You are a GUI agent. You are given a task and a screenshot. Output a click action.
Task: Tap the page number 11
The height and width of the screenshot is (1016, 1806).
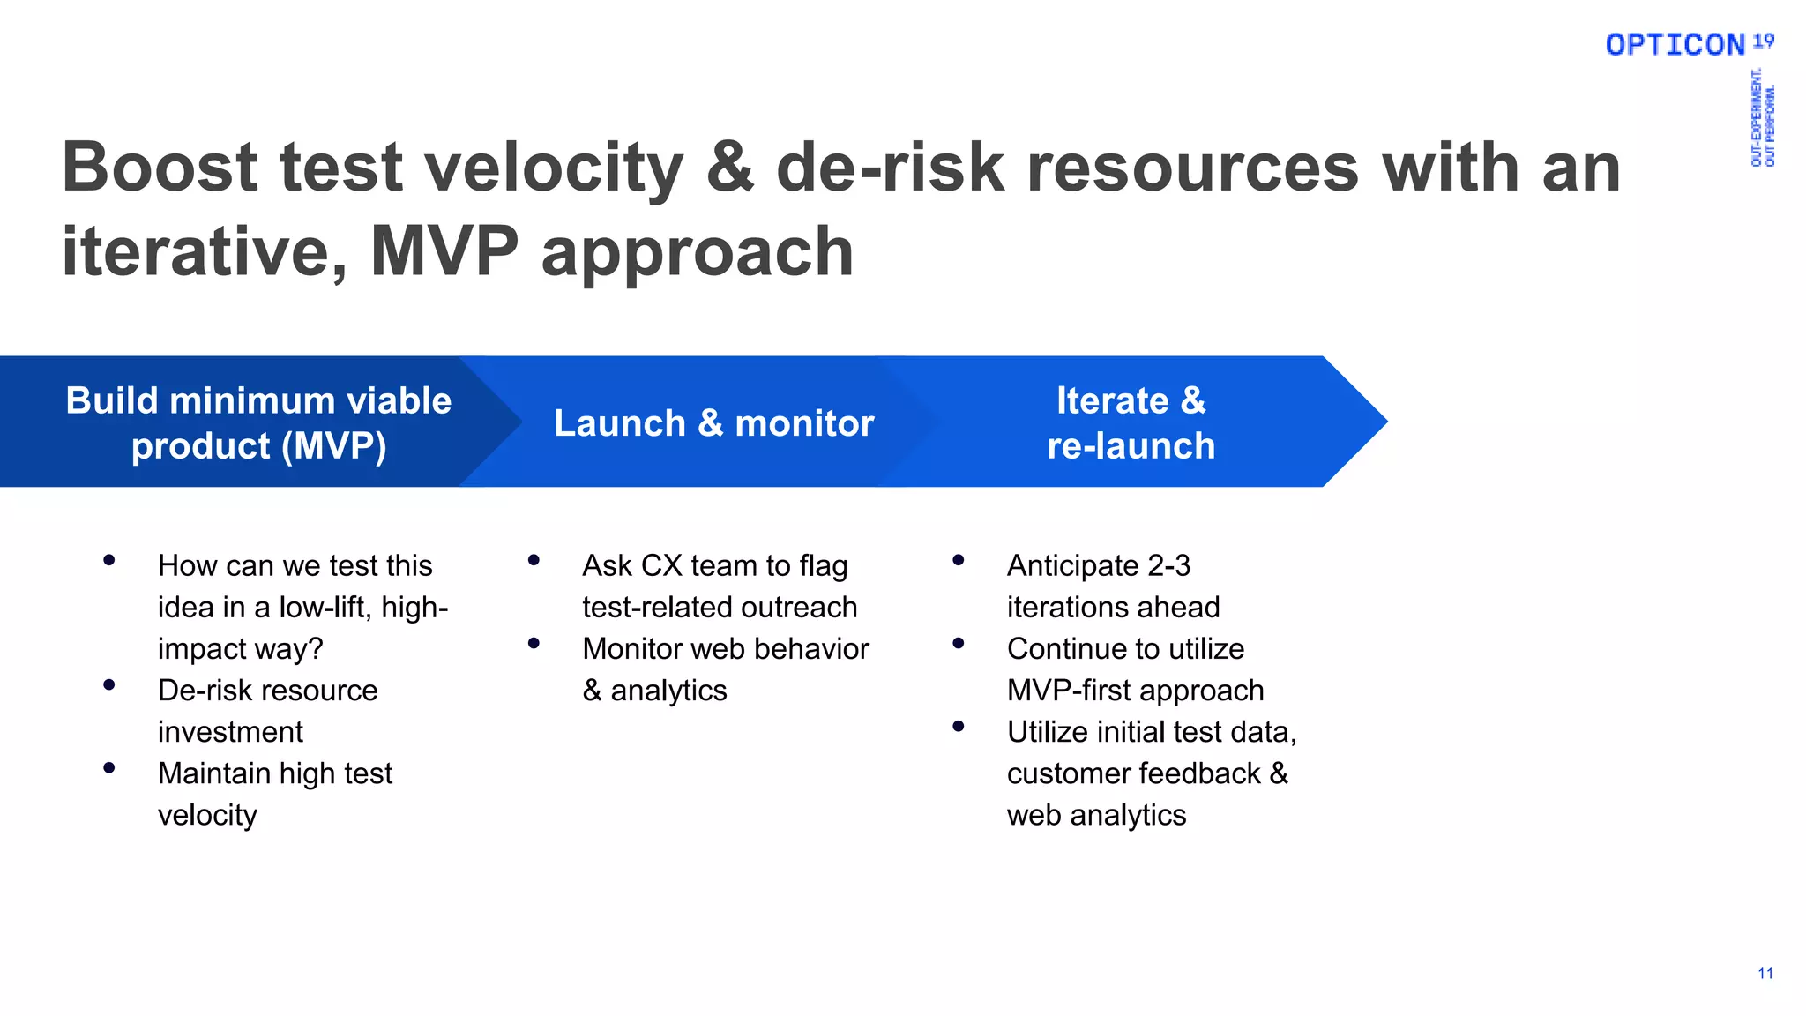[1765, 974]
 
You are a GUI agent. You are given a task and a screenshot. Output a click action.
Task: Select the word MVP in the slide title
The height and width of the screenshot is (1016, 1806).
[444, 251]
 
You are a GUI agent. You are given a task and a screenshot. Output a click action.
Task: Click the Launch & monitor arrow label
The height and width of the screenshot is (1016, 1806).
[713, 423]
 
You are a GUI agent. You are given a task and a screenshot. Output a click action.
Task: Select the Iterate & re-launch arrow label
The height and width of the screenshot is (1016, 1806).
[1131, 423]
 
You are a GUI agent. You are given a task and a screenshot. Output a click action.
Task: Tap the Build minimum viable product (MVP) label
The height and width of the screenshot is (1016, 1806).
[258, 423]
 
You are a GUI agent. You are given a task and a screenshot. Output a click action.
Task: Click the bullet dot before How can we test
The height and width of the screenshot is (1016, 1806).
[109, 560]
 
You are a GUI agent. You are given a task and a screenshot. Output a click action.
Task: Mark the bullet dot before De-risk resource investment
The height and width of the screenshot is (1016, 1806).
[109, 684]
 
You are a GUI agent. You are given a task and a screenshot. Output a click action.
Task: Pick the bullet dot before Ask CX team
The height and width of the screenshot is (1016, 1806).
[534, 560]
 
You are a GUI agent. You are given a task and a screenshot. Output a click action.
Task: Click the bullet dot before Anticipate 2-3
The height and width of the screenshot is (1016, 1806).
[959, 560]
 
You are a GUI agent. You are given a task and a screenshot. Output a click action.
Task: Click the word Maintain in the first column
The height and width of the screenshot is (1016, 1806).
[214, 773]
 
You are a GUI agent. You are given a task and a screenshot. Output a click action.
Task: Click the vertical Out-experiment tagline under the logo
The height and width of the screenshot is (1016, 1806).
[1762, 118]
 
